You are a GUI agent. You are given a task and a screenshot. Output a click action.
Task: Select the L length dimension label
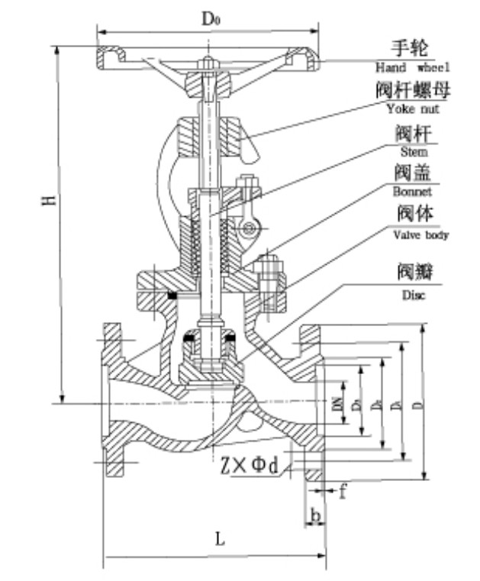pos(220,538)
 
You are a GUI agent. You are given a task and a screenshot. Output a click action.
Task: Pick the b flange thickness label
pos(314,517)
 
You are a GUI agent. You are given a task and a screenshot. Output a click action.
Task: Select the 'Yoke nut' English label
pos(413,109)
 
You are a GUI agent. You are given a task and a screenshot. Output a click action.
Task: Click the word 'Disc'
pos(412,294)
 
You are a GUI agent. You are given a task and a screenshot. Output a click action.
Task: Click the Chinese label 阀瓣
pos(412,272)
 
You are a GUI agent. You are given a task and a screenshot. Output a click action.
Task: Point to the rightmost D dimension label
pos(417,403)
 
